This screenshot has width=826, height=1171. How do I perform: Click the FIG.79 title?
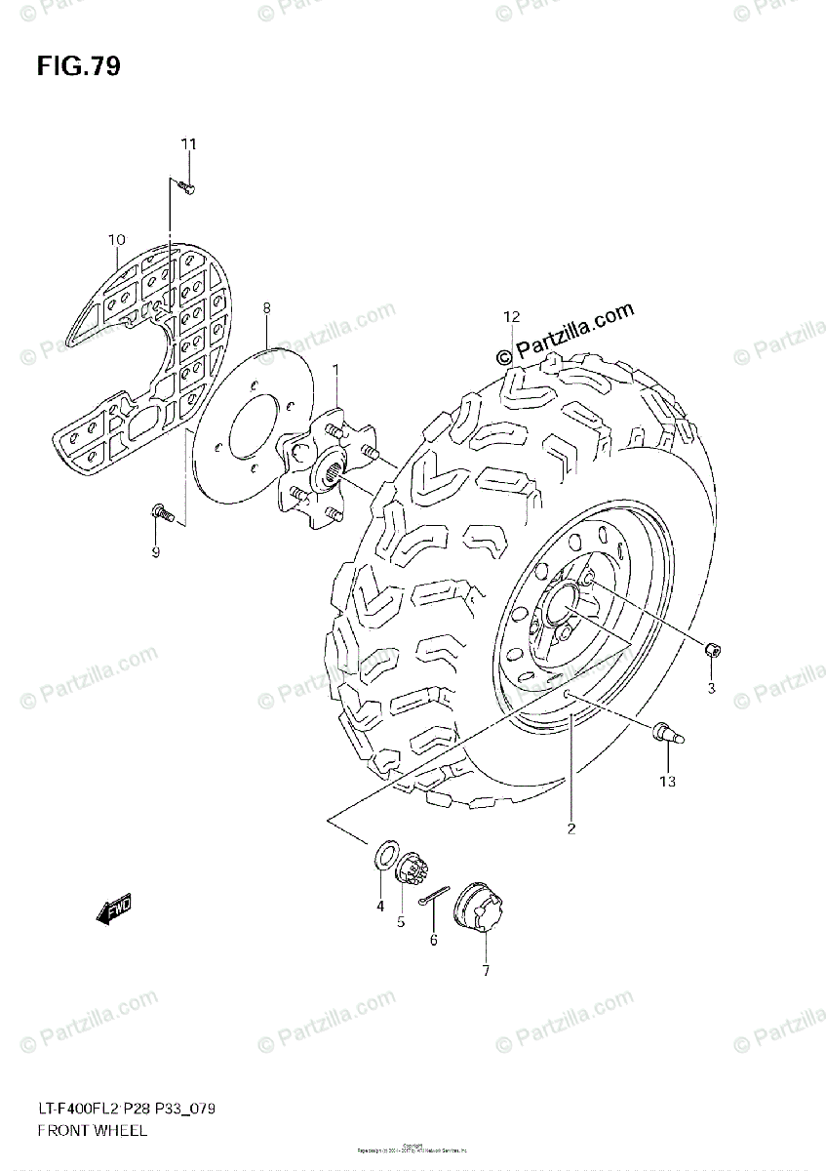79,67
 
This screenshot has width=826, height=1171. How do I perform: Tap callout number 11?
187,144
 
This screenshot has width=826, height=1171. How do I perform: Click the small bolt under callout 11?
186,186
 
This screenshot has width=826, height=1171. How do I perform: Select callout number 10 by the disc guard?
117,240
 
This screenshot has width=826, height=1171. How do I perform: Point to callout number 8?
265,308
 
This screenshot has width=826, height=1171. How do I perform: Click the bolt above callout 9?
163,512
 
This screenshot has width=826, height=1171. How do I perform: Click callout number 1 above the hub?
335,370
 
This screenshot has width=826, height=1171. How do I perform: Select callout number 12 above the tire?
513,316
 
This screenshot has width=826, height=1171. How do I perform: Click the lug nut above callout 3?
713,650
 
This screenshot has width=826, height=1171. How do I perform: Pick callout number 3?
712,689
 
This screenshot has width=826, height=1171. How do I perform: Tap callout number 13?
667,781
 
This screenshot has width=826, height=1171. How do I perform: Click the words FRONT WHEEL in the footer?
93,1130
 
